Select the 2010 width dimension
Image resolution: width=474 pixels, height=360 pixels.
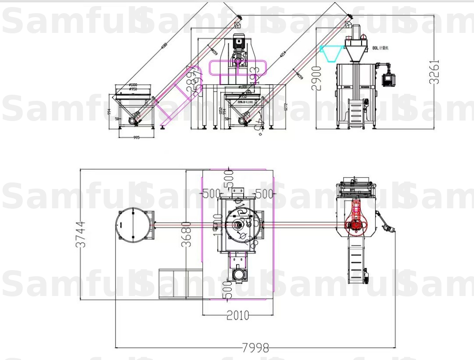click(237, 315)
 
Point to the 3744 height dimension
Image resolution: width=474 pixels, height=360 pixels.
click(81, 234)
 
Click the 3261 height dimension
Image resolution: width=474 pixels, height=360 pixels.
click(434, 71)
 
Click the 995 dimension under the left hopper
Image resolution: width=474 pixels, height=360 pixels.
click(136, 137)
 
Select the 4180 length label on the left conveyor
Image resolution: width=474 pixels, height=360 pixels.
click(164, 45)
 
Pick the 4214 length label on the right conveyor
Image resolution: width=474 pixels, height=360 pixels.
click(284, 54)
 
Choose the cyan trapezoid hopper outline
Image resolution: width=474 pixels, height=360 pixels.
click(332, 53)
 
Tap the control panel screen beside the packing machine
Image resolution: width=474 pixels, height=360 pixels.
click(389, 79)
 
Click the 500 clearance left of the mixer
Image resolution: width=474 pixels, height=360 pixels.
click(211, 193)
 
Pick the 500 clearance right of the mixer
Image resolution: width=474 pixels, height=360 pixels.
click(264, 193)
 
